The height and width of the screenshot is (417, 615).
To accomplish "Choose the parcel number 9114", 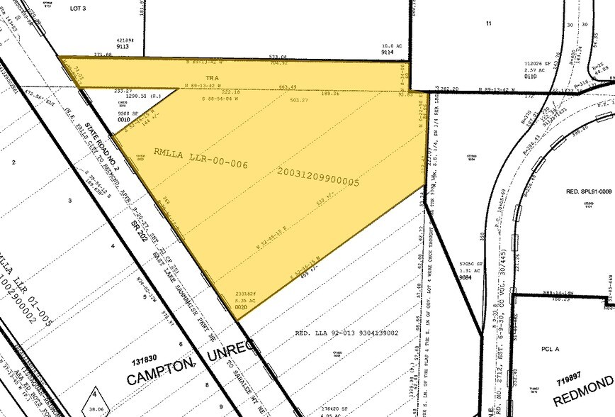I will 387,52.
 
